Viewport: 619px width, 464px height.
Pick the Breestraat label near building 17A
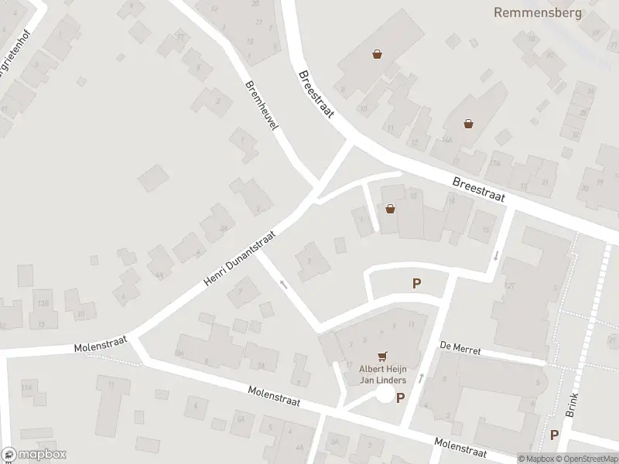point(478,189)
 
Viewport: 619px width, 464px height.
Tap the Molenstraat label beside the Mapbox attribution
point(460,446)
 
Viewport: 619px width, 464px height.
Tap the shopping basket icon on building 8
point(377,55)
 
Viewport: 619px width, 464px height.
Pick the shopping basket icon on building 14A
point(468,123)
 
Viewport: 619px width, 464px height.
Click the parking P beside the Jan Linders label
point(401,397)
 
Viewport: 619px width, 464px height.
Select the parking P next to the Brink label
point(554,435)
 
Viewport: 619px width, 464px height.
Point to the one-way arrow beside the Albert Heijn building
point(421,377)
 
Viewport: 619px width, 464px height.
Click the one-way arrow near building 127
point(495,254)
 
